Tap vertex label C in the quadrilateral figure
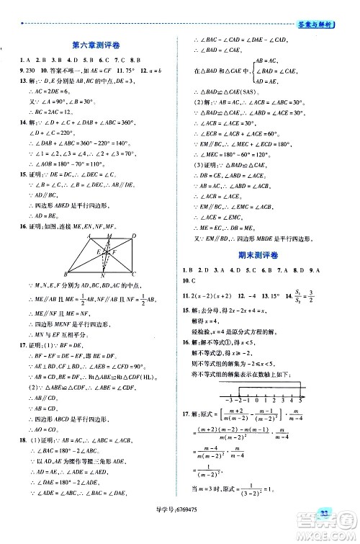[x=135, y=274]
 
